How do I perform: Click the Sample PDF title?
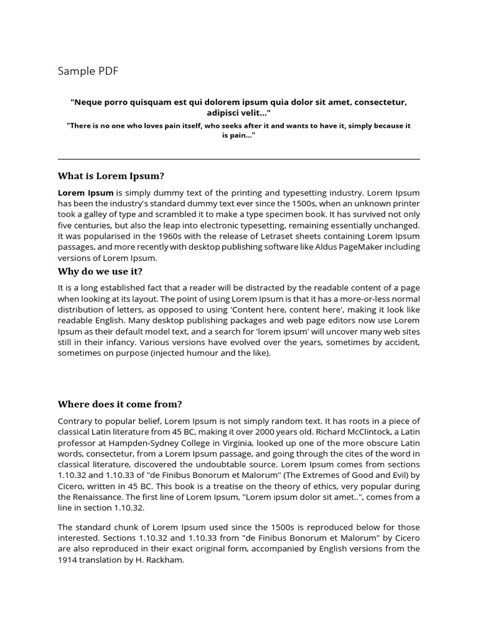(x=88, y=71)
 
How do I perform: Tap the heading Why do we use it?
(x=100, y=271)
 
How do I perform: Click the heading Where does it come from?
(x=119, y=404)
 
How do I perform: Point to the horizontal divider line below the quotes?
(x=239, y=159)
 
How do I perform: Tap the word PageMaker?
(x=356, y=247)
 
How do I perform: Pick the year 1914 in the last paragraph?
(x=68, y=559)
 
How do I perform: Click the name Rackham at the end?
(x=165, y=559)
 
